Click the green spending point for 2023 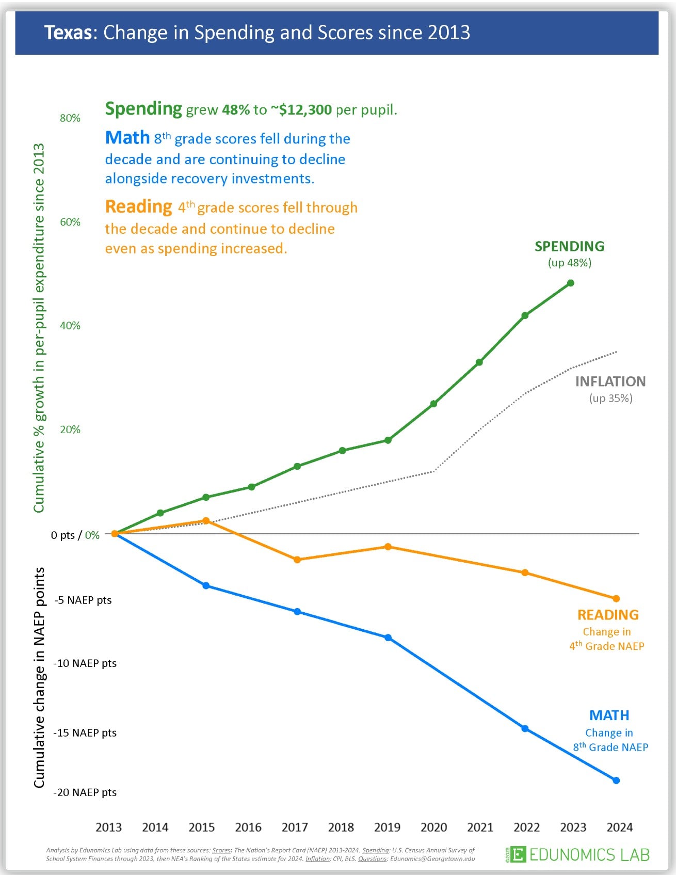coord(570,283)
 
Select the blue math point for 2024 coord(616,781)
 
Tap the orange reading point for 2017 coord(297,560)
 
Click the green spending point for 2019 coord(388,440)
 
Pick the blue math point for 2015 coord(206,586)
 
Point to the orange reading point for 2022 coord(525,572)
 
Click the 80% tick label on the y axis coord(70,118)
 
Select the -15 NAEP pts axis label coord(85,733)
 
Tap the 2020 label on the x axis coord(434,828)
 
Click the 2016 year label coord(248,828)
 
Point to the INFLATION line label coord(610,381)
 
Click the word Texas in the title coord(68,33)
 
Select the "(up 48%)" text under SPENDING coord(570,263)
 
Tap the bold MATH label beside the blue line coord(609,715)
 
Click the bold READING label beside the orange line coord(608,615)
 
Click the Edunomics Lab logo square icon coord(518,854)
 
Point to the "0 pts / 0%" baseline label coord(75,535)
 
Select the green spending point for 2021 coord(479,362)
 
